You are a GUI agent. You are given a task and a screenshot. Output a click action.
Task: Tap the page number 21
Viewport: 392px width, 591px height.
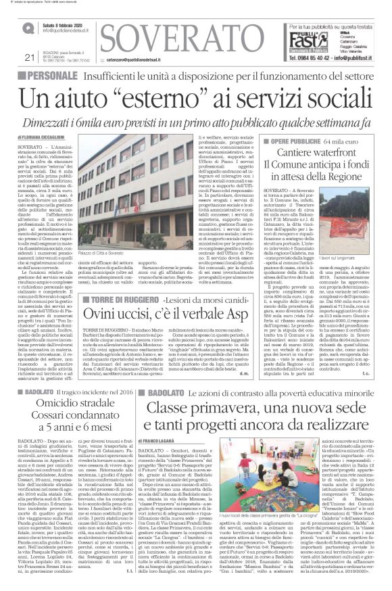28,57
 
